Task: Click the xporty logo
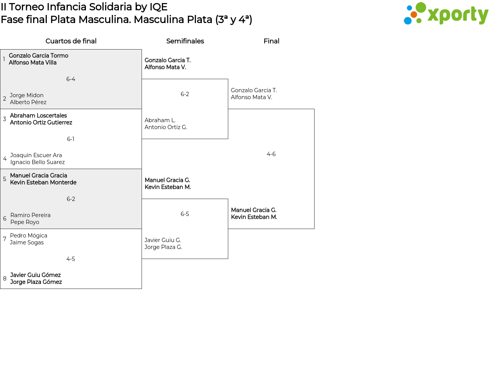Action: (446, 13)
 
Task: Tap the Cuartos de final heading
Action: (71, 41)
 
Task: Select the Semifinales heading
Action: (185, 41)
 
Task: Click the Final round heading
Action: (271, 41)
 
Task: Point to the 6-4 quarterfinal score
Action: (71, 79)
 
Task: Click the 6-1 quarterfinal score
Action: (71, 139)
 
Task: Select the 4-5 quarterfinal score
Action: (71, 259)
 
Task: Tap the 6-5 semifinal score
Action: (185, 214)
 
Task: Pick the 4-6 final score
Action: (271, 154)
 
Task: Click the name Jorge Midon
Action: (26, 95)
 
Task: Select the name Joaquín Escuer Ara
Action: (36, 155)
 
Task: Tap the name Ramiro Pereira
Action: (30, 215)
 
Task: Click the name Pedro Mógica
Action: (28, 236)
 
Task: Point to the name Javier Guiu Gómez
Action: (35, 275)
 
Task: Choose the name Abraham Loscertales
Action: (38, 115)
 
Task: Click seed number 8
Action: (5, 279)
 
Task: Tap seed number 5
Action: (5, 179)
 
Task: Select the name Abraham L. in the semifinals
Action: (160, 120)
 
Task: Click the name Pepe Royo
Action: (25, 222)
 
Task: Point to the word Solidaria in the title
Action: (110, 7)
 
